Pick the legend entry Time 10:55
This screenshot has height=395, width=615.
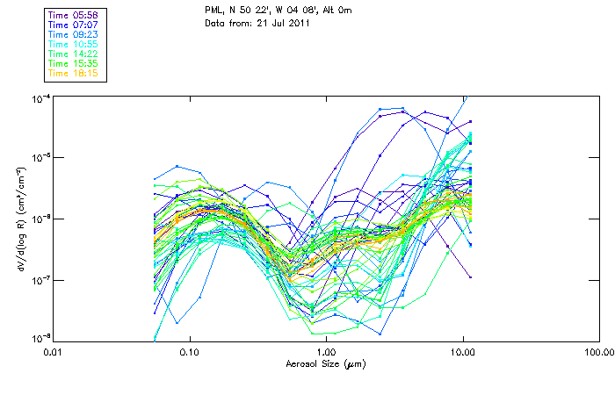(x=73, y=44)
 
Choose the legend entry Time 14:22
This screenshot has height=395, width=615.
(x=73, y=54)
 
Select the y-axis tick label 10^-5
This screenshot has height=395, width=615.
(x=41, y=158)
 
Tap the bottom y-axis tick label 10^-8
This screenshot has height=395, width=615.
(x=41, y=338)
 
